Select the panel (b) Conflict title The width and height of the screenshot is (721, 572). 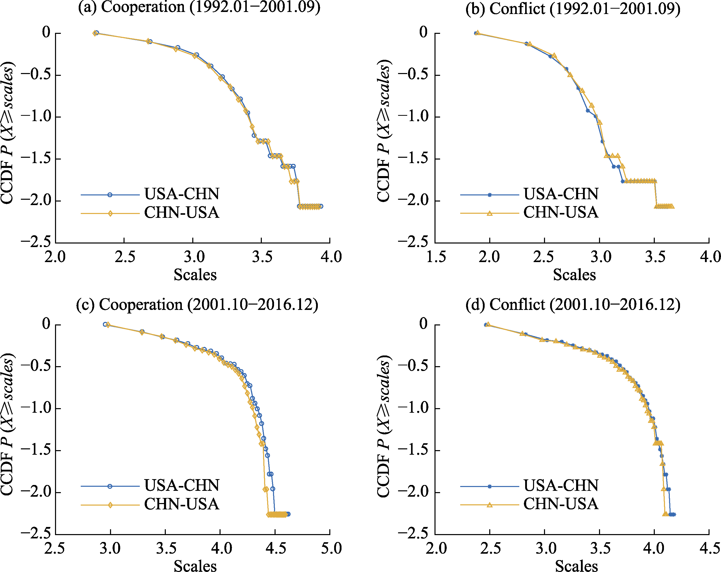pos(573,8)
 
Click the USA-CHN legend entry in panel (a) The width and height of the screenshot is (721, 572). pos(181,194)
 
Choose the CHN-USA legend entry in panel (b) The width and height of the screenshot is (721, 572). pos(561,212)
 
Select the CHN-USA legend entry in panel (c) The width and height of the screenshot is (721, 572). pos(181,504)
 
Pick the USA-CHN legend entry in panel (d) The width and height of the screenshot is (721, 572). pos(561,485)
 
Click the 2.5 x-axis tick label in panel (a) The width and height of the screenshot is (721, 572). pos(125,257)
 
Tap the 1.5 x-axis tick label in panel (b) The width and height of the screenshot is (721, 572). pos(436,257)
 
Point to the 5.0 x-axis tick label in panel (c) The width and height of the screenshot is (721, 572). pos(331,549)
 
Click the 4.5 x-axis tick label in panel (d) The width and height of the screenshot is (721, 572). pos(710,549)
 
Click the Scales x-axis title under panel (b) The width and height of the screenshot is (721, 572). pos(574,275)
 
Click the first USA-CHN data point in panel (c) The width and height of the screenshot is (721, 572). pos(105,324)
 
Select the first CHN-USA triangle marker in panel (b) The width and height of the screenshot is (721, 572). pos(478,33)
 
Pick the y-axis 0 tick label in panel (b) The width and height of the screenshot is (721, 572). pos(423,32)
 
